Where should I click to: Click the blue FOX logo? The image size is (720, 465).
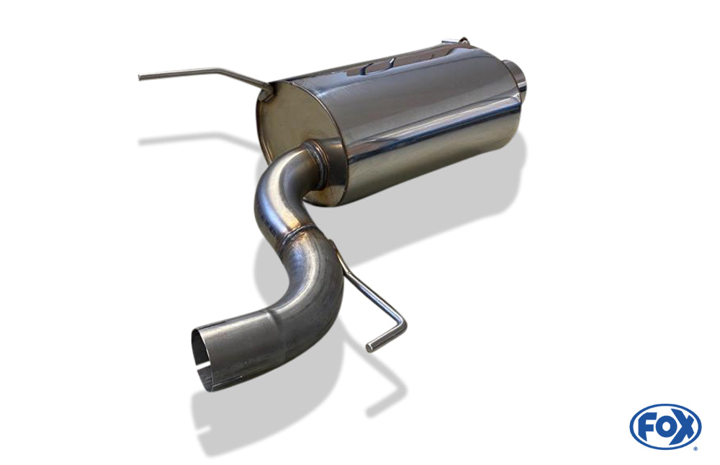tap(665, 426)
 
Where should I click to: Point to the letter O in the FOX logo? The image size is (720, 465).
tap(664, 427)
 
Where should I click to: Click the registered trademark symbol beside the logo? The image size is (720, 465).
tap(696, 448)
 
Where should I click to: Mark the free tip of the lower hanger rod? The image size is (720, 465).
tap(369, 347)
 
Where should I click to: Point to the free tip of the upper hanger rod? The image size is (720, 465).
tap(140, 77)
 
